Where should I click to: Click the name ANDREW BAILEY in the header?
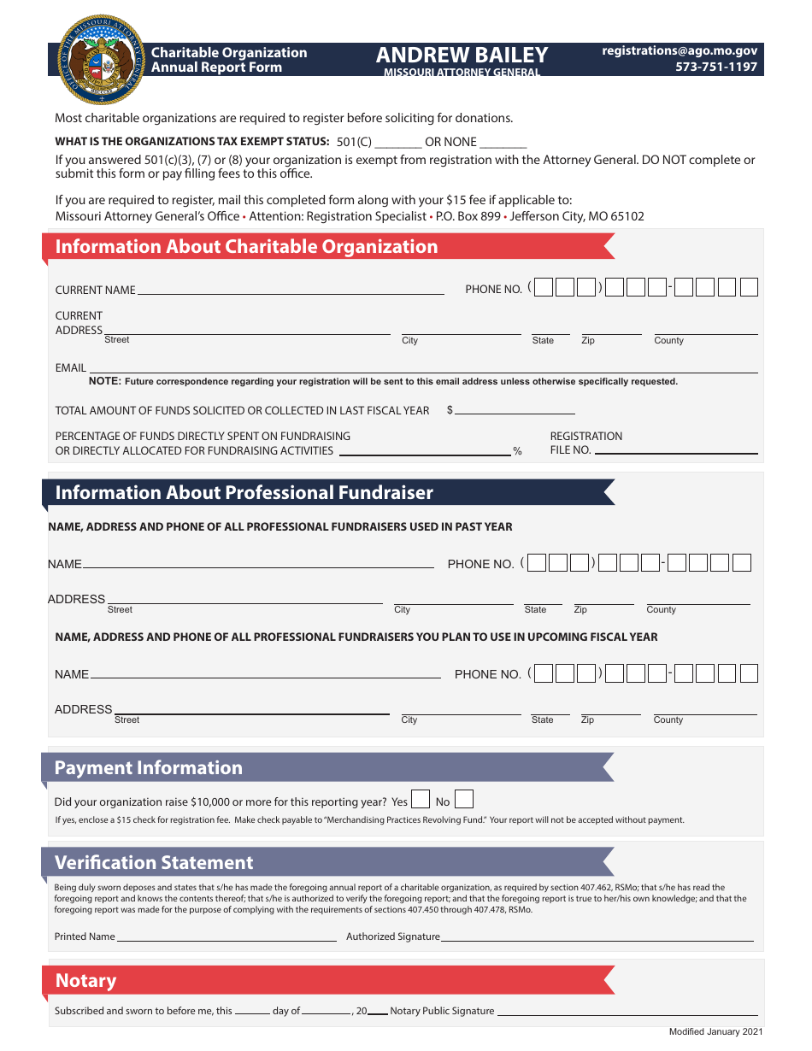[x=462, y=55]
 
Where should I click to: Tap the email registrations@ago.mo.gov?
[x=680, y=51]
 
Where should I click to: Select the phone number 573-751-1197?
[x=716, y=67]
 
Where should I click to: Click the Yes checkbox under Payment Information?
[x=420, y=800]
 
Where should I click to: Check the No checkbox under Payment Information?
[x=464, y=800]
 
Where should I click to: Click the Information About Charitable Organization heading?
[x=246, y=247]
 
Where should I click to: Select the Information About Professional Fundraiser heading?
[x=244, y=493]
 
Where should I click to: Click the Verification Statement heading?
[x=154, y=862]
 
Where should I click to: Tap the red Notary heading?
[x=85, y=981]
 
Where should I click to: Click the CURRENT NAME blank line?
[x=291, y=291]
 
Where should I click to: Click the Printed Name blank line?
[x=227, y=939]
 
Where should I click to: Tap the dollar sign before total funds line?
[x=450, y=411]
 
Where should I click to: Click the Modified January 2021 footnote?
[x=716, y=1032]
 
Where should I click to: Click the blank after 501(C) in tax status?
[x=398, y=145]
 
